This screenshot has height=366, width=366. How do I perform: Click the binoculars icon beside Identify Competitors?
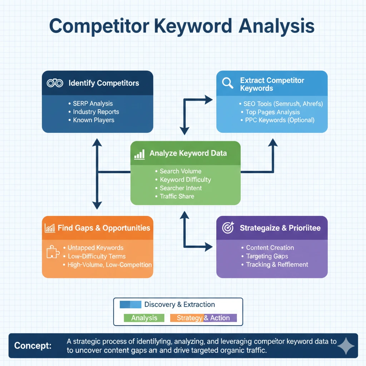coord(55,83)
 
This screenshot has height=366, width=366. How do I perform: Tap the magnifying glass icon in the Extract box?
coord(227,83)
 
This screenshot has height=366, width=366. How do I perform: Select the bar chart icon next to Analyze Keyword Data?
coord(139,154)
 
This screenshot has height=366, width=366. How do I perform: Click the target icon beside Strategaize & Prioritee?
coord(228,228)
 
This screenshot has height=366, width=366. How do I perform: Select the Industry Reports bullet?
coord(96,112)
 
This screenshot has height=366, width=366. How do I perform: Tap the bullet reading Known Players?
coord(94,120)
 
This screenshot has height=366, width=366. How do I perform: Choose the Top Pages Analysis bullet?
coord(273,112)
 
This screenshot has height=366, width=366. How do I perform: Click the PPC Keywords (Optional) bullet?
coord(280,120)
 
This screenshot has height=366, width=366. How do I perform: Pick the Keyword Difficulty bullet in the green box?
coord(185,179)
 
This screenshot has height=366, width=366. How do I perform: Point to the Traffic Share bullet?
coord(177,196)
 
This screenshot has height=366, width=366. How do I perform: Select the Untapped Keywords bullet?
coord(95,248)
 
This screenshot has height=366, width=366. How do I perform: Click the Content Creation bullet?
coord(270,248)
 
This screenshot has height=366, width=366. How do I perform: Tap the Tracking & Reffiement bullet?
coord(277,264)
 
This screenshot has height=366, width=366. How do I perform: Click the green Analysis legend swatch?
coord(144,318)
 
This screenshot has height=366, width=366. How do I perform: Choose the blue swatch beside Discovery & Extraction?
coord(130,305)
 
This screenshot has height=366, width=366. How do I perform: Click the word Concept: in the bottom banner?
coord(33,346)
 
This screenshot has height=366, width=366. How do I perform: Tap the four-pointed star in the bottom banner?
coord(346,346)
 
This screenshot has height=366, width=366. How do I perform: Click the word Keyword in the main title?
coord(188,27)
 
